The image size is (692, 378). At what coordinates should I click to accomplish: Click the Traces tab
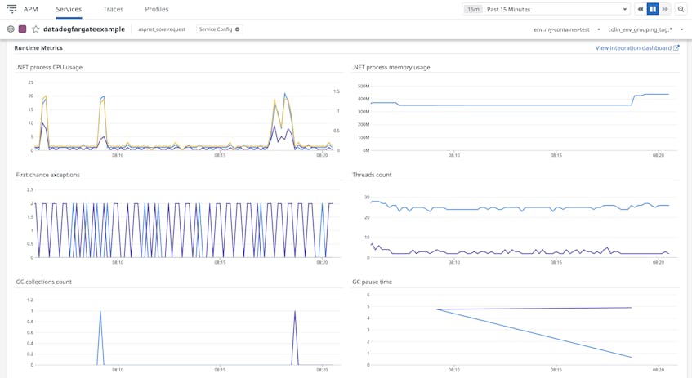114,10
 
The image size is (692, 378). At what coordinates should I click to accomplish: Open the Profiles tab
157,10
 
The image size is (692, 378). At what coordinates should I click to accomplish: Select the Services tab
69,10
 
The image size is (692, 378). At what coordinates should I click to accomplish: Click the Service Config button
219,29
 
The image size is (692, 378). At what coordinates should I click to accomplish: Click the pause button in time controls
653,10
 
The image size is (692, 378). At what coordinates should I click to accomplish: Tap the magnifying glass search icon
681,10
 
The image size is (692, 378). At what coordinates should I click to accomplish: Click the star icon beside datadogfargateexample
36,29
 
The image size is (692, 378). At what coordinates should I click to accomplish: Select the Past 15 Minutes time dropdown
556,10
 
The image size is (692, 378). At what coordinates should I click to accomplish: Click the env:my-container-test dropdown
566,29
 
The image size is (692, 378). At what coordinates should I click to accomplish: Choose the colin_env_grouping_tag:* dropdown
645,29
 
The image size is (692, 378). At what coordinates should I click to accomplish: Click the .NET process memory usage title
391,67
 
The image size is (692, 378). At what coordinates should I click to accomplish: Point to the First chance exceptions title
48,175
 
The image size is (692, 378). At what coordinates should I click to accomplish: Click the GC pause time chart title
373,282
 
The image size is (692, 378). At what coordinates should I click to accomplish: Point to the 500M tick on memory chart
364,86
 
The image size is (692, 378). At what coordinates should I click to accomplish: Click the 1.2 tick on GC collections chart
30,300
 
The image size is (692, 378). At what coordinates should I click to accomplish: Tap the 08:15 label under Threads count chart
556,263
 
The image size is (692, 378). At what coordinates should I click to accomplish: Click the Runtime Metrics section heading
38,48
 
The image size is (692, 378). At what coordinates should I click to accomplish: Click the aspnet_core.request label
162,29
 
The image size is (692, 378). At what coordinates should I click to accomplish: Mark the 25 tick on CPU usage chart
30,82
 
